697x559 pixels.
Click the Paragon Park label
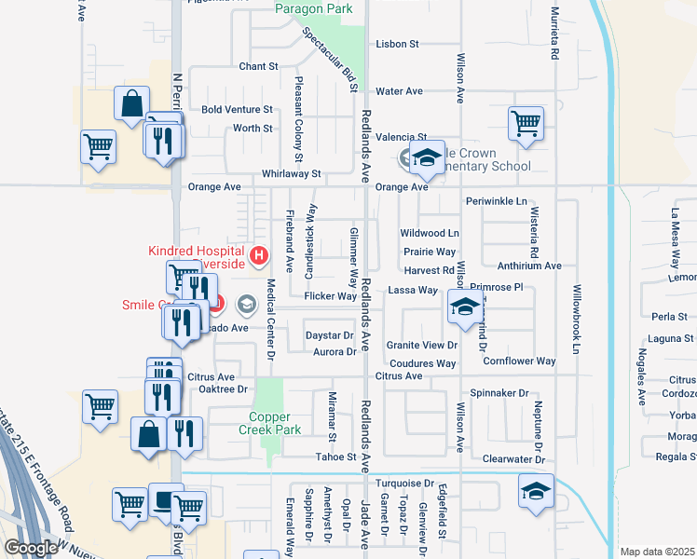pyautogui.click(x=314, y=9)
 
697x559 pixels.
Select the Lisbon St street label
pyautogui.click(x=398, y=44)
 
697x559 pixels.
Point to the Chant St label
pyautogui.click(x=258, y=67)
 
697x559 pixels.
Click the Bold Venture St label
pyautogui.click(x=237, y=110)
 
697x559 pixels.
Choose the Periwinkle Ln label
pyautogui.click(x=496, y=201)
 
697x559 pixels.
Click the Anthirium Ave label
pyautogui.click(x=529, y=266)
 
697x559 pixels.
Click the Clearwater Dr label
pyautogui.click(x=513, y=460)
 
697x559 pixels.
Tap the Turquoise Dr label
pyautogui.click(x=405, y=484)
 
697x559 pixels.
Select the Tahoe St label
pyautogui.click(x=339, y=457)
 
